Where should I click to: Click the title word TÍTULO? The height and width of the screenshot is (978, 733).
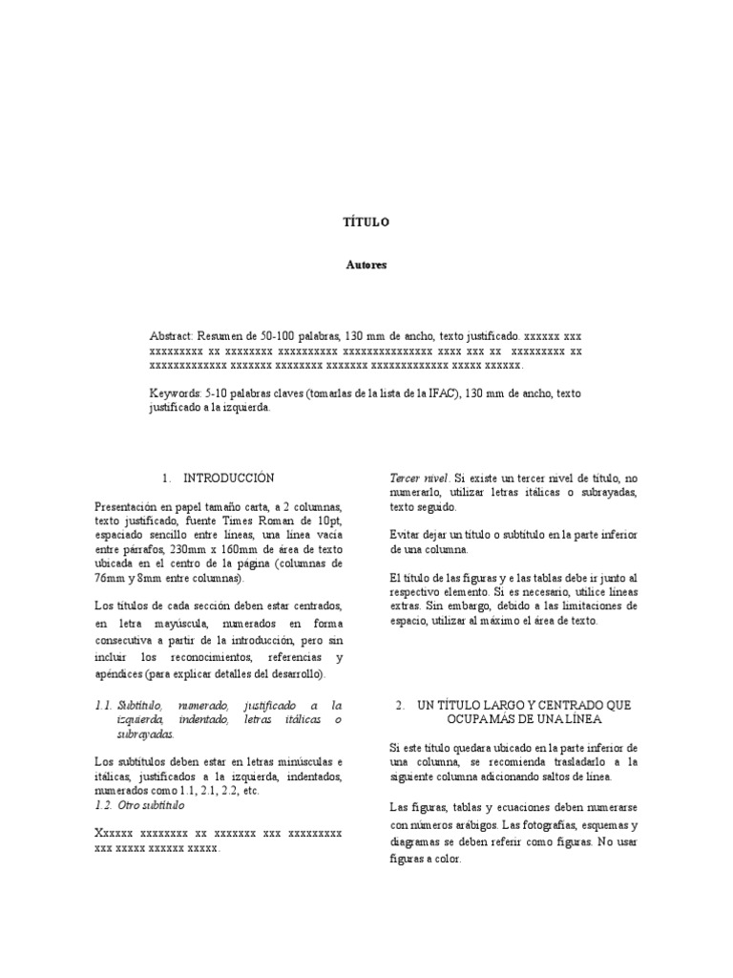click(366, 222)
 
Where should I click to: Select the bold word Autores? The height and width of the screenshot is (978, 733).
click(366, 266)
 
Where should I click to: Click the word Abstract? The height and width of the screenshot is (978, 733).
click(171, 337)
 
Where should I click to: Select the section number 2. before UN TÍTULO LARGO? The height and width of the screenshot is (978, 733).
click(401, 705)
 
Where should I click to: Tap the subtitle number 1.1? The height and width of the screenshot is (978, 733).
click(104, 705)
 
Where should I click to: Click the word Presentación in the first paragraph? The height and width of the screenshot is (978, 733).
click(130, 506)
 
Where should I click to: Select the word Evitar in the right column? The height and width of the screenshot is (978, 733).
click(405, 534)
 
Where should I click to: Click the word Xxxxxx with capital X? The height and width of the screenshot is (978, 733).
click(115, 834)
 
